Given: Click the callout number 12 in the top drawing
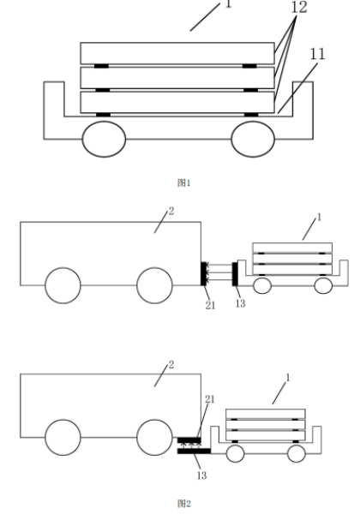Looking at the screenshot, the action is (x=299, y=7).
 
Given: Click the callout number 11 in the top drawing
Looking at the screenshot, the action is (x=317, y=54).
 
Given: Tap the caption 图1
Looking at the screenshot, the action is (x=183, y=182).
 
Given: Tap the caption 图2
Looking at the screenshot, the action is (x=183, y=503).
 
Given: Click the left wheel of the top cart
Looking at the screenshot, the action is (x=104, y=139).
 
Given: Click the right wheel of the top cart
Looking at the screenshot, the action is (x=253, y=139).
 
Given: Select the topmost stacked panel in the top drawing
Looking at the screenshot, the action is (x=177, y=53).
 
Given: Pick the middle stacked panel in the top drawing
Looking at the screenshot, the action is (x=177, y=78).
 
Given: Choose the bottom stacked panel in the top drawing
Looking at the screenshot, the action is (x=177, y=102).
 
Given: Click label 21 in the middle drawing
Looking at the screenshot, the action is (x=210, y=305).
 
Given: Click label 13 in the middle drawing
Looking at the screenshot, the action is (x=240, y=303).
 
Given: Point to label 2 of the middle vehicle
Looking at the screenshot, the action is (x=171, y=211).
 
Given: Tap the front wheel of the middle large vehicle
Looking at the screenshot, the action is (x=154, y=285).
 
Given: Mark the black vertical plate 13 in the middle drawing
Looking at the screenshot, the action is (x=235, y=274).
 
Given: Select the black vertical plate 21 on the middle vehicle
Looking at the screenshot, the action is (x=203, y=273).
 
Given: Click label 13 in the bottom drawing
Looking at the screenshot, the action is (x=201, y=475).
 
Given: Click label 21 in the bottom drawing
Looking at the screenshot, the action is (x=210, y=399).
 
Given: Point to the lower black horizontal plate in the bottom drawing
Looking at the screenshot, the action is (x=194, y=451).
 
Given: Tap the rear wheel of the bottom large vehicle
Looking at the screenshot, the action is (x=63, y=437).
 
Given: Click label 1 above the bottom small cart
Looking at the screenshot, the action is (x=288, y=378).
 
